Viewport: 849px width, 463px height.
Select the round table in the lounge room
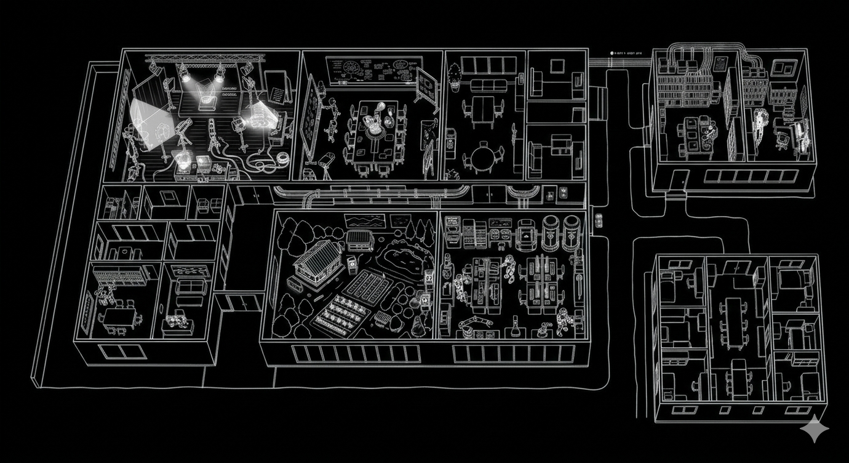pyautogui.click(x=485, y=151)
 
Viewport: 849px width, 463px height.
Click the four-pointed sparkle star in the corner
pyautogui.click(x=814, y=429)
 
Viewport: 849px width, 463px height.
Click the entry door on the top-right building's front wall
pyautogui.click(x=680, y=180)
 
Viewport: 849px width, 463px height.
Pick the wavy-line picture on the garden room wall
pyautogui.click(x=365, y=222)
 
